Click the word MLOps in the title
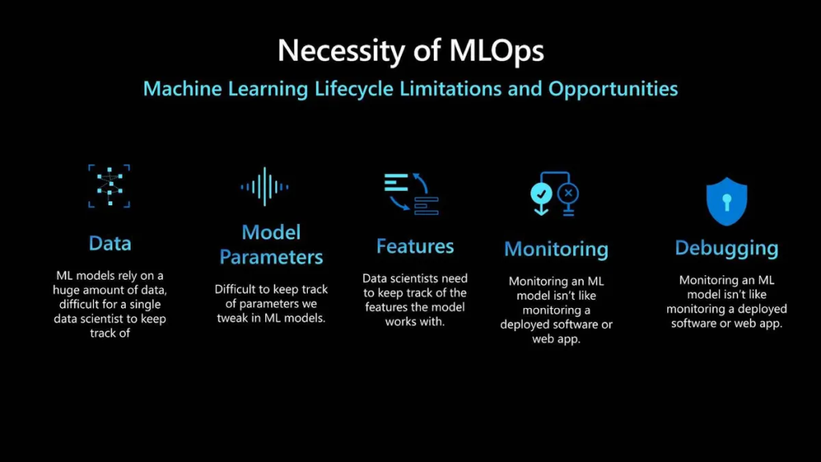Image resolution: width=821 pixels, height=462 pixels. pos(496,51)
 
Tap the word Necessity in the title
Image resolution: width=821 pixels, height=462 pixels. pos(342,51)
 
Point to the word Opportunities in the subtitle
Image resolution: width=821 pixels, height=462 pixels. pos(613,89)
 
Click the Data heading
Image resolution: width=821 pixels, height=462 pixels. pos(110,243)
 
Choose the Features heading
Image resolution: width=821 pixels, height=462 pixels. pos(415,246)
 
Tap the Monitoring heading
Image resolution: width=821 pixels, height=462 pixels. pos(556,249)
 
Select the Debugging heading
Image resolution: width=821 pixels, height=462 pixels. pos(726,249)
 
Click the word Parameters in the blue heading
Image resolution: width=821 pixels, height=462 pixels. pos(271,257)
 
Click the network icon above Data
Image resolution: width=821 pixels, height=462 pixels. pos(109,186)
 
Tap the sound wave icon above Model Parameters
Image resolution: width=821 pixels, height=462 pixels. pos(265,186)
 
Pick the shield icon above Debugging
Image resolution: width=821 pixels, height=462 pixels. pos(726,201)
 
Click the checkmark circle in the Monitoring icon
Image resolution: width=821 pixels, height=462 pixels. pos(541,194)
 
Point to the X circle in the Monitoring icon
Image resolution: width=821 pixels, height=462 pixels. pos(568,193)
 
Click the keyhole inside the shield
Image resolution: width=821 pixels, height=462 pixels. pos(726,201)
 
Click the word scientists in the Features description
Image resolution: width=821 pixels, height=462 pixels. pos(417,278)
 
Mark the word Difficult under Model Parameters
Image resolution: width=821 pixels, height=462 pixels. pos(235,289)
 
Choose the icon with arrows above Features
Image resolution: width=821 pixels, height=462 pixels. pos(411,193)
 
